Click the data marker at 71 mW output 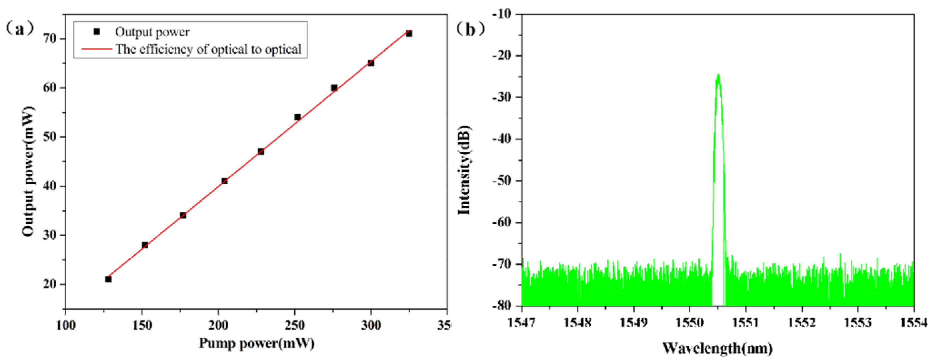point(409,34)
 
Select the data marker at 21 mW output point(108,279)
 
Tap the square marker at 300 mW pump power point(371,63)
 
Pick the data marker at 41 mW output point(225,181)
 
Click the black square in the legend point(97,32)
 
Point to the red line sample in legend point(97,49)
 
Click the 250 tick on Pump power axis point(294,325)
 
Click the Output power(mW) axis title point(28,172)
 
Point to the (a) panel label point(20,29)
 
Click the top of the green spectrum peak point(718,75)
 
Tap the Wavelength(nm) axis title point(717,348)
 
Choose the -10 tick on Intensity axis point(502,14)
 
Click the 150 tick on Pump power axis point(142,325)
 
